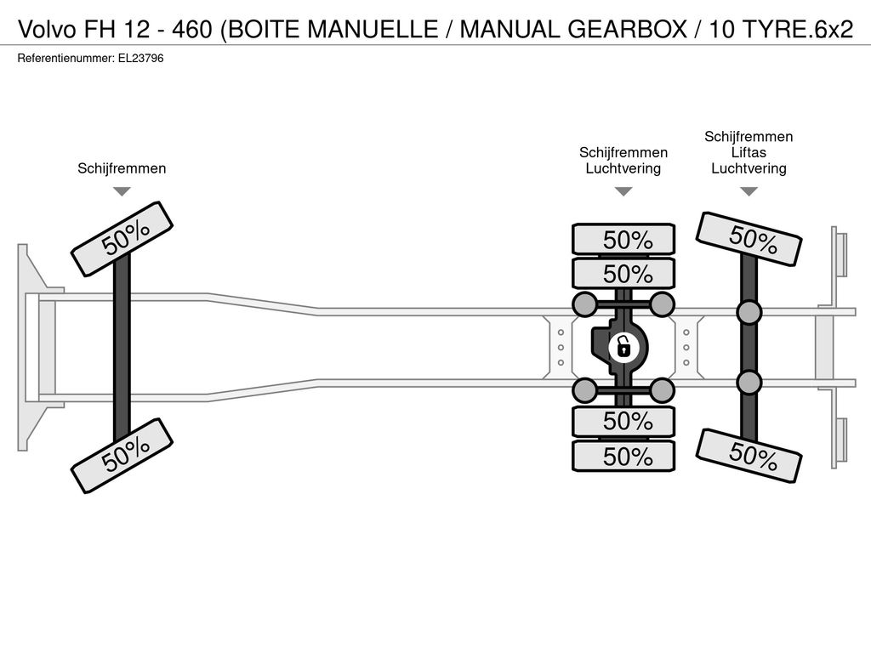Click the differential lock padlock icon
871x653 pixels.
pos(623,348)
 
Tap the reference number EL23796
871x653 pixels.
pos(140,59)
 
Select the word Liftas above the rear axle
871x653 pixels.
pos(749,152)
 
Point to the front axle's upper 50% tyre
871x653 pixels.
pos(122,239)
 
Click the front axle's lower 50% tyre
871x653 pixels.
pos(122,456)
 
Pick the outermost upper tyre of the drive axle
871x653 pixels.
pos(623,240)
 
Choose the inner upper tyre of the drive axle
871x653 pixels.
pos(623,274)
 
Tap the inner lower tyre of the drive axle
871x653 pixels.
pos(623,422)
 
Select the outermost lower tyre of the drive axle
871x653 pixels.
pos(623,457)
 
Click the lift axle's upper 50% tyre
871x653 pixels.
pos(749,239)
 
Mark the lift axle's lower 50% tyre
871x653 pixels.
pos(749,456)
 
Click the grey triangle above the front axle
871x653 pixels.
pos(122,191)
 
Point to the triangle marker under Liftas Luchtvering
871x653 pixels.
pos(749,191)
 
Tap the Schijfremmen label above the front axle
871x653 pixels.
pos(122,168)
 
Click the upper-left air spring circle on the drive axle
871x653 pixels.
pos(584,304)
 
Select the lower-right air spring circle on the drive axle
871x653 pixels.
pos(662,390)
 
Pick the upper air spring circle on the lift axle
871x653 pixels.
pos(749,313)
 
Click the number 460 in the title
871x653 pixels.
pos(191,29)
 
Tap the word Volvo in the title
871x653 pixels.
pos(47,29)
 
